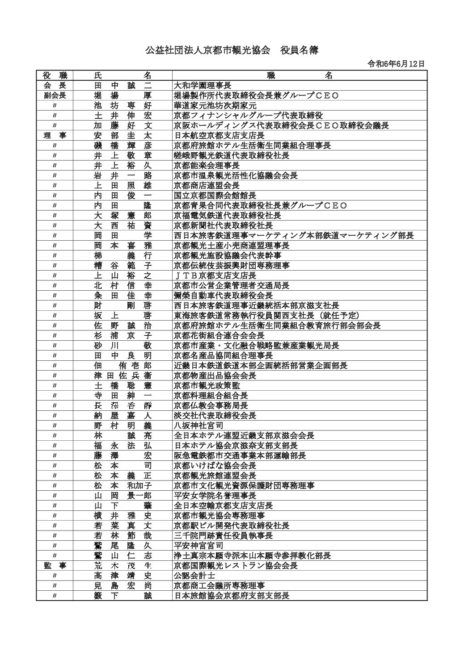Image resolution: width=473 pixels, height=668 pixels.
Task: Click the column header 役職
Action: (x=55, y=75)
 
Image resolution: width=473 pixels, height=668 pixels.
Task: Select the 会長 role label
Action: (x=55, y=85)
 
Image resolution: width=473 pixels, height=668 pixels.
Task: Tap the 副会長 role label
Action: (x=55, y=95)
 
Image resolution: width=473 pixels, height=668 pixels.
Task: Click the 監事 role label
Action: (x=55, y=566)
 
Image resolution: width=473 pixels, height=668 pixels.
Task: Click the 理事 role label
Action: (x=55, y=135)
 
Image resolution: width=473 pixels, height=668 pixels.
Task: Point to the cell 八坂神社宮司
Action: (x=198, y=426)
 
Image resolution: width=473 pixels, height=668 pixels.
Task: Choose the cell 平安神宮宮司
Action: (x=198, y=546)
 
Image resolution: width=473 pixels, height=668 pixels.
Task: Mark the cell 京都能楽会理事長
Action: (x=207, y=165)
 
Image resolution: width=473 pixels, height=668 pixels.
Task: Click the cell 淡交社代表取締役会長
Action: (x=215, y=416)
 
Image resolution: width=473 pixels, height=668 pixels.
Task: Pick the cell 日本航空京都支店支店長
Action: (x=219, y=135)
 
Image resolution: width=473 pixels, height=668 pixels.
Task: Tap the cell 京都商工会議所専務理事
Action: (x=219, y=586)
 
